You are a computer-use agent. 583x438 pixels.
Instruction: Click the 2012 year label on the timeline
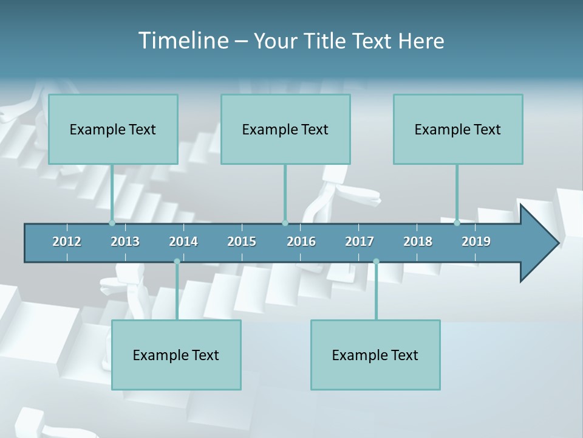point(67,242)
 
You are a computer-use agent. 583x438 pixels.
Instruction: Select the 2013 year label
point(125,242)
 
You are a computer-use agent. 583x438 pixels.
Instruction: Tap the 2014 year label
point(183,242)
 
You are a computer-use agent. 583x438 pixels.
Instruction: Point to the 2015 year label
point(242,242)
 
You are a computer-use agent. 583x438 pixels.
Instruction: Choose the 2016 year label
point(301,242)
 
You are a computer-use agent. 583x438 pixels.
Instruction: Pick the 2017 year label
point(360,242)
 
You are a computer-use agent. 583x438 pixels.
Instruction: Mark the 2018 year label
point(418,242)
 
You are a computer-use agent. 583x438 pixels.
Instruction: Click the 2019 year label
point(476,242)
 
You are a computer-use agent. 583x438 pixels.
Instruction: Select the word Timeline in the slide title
point(183,41)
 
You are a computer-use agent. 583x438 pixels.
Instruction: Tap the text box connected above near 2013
point(113,129)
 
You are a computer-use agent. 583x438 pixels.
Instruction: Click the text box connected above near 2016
point(285,129)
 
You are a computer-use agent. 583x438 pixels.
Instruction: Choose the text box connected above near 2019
point(458,129)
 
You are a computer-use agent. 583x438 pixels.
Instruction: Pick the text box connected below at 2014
point(176,355)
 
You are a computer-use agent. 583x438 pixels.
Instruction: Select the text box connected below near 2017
point(375,355)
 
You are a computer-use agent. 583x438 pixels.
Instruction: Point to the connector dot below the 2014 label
point(177,262)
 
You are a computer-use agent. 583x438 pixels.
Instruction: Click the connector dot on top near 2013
point(112,223)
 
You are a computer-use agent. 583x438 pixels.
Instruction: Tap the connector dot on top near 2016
point(285,223)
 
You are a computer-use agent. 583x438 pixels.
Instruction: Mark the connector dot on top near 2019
point(457,223)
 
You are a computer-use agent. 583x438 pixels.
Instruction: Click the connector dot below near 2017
point(376,262)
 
